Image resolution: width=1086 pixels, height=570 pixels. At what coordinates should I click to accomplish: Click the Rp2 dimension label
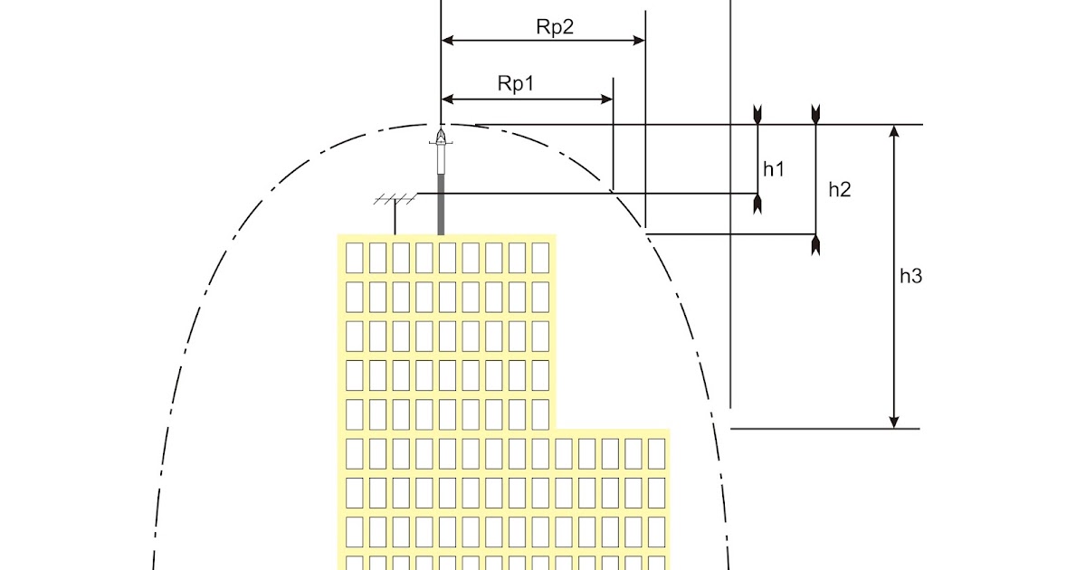click(x=555, y=26)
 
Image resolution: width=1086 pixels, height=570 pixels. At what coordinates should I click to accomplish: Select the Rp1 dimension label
click(x=516, y=83)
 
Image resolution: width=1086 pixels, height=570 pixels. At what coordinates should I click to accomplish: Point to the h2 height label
click(x=840, y=189)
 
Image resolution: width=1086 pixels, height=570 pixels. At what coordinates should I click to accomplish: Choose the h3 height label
click(x=910, y=277)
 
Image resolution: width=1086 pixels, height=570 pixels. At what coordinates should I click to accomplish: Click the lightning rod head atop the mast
click(x=441, y=138)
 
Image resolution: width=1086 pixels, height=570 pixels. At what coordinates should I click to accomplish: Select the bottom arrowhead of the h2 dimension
click(x=815, y=242)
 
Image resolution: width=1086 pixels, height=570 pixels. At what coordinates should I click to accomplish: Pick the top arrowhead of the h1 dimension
click(x=757, y=115)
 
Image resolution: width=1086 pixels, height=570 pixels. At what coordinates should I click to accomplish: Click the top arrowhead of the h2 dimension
click(x=815, y=114)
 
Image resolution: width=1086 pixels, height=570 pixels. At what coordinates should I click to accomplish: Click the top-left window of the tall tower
click(x=355, y=256)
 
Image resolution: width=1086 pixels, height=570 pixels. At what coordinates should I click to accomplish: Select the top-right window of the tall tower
click(x=540, y=256)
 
